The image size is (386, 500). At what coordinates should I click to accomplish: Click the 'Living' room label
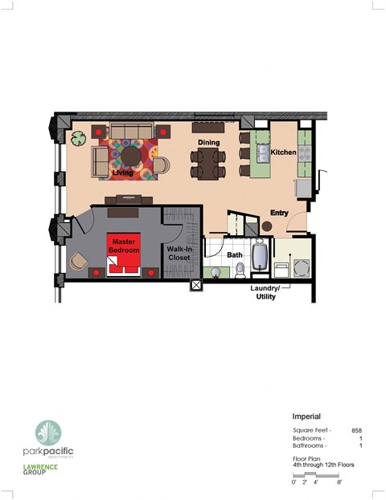coord(122,173)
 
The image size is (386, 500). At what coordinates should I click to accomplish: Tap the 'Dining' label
coord(209,143)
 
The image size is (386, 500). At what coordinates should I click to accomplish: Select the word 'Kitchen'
coord(282,152)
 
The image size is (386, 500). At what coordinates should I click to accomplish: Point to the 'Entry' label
coord(278,213)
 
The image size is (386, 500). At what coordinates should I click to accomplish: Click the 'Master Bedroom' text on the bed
coord(124,246)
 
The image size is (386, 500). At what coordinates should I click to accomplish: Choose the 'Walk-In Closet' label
coord(179,254)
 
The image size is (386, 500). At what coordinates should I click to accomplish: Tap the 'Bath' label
coord(234,255)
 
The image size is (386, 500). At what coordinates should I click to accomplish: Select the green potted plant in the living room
coord(78,140)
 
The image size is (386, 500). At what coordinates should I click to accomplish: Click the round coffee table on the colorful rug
coord(129,152)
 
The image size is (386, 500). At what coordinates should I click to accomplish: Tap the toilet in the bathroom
coord(240,268)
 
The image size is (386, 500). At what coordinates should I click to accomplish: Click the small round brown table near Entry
coord(266,226)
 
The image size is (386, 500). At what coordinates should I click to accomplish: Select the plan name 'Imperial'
coord(306,417)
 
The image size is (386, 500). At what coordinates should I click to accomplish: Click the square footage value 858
coord(356,430)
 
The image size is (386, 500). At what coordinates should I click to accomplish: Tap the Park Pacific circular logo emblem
coord(47,433)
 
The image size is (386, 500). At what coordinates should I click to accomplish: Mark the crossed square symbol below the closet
coord(195,284)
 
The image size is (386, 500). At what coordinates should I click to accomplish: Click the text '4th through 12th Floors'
coord(322,465)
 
